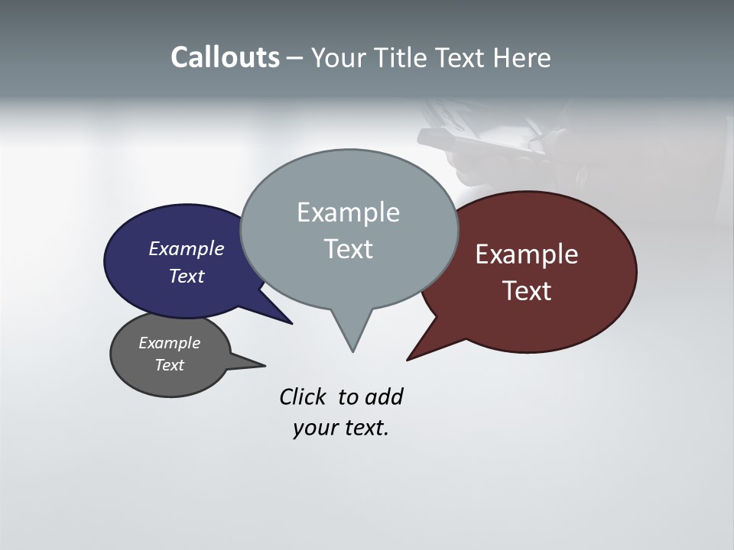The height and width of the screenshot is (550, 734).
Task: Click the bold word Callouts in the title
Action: click(x=225, y=58)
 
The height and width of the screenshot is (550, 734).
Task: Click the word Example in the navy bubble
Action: click(x=186, y=248)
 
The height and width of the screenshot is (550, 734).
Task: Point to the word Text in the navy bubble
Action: click(x=186, y=276)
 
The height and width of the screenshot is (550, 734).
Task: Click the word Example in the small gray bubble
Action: click(x=169, y=343)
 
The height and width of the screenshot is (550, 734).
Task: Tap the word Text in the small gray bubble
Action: click(x=169, y=365)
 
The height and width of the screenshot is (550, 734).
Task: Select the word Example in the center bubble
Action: click(x=348, y=212)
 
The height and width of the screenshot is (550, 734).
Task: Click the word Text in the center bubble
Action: click(x=348, y=249)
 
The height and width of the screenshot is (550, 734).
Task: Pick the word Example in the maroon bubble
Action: click(x=526, y=254)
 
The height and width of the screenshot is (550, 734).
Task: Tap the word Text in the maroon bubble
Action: click(x=526, y=291)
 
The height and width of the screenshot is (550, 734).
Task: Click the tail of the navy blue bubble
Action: click(x=279, y=315)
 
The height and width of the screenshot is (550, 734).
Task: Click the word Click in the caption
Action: click(x=303, y=397)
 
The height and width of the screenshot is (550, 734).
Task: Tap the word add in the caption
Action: click(x=384, y=397)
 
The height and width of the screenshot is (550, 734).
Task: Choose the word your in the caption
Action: click(x=316, y=428)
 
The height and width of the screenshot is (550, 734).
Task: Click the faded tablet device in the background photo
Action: click(x=489, y=145)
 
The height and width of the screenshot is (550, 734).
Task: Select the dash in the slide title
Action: click(x=295, y=58)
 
